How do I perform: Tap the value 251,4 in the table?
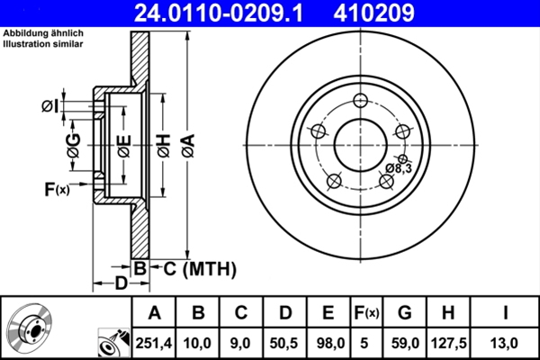point(155,342)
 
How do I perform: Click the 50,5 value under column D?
point(284,342)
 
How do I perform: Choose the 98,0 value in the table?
point(328,342)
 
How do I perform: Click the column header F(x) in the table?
point(366,313)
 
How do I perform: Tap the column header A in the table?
point(155,313)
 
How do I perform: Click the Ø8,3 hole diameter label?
point(399,168)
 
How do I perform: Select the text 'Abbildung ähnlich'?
point(43,33)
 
